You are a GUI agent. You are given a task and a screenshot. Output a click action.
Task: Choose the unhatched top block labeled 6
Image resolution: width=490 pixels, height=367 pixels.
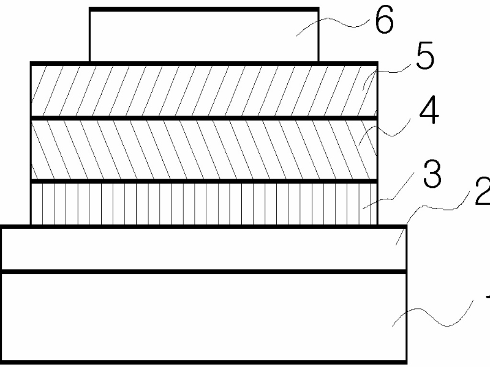tap(203, 35)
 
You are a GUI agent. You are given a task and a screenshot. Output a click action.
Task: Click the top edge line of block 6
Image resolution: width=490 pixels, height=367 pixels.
tap(203, 9)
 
